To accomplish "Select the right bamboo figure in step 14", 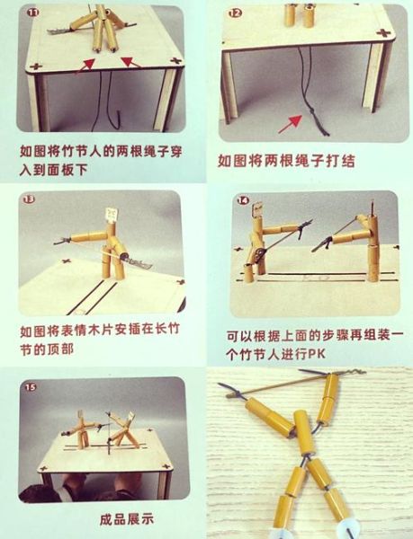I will click(x=365, y=243).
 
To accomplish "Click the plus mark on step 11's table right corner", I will click(x=175, y=63).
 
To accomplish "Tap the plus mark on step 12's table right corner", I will click(x=384, y=32).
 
